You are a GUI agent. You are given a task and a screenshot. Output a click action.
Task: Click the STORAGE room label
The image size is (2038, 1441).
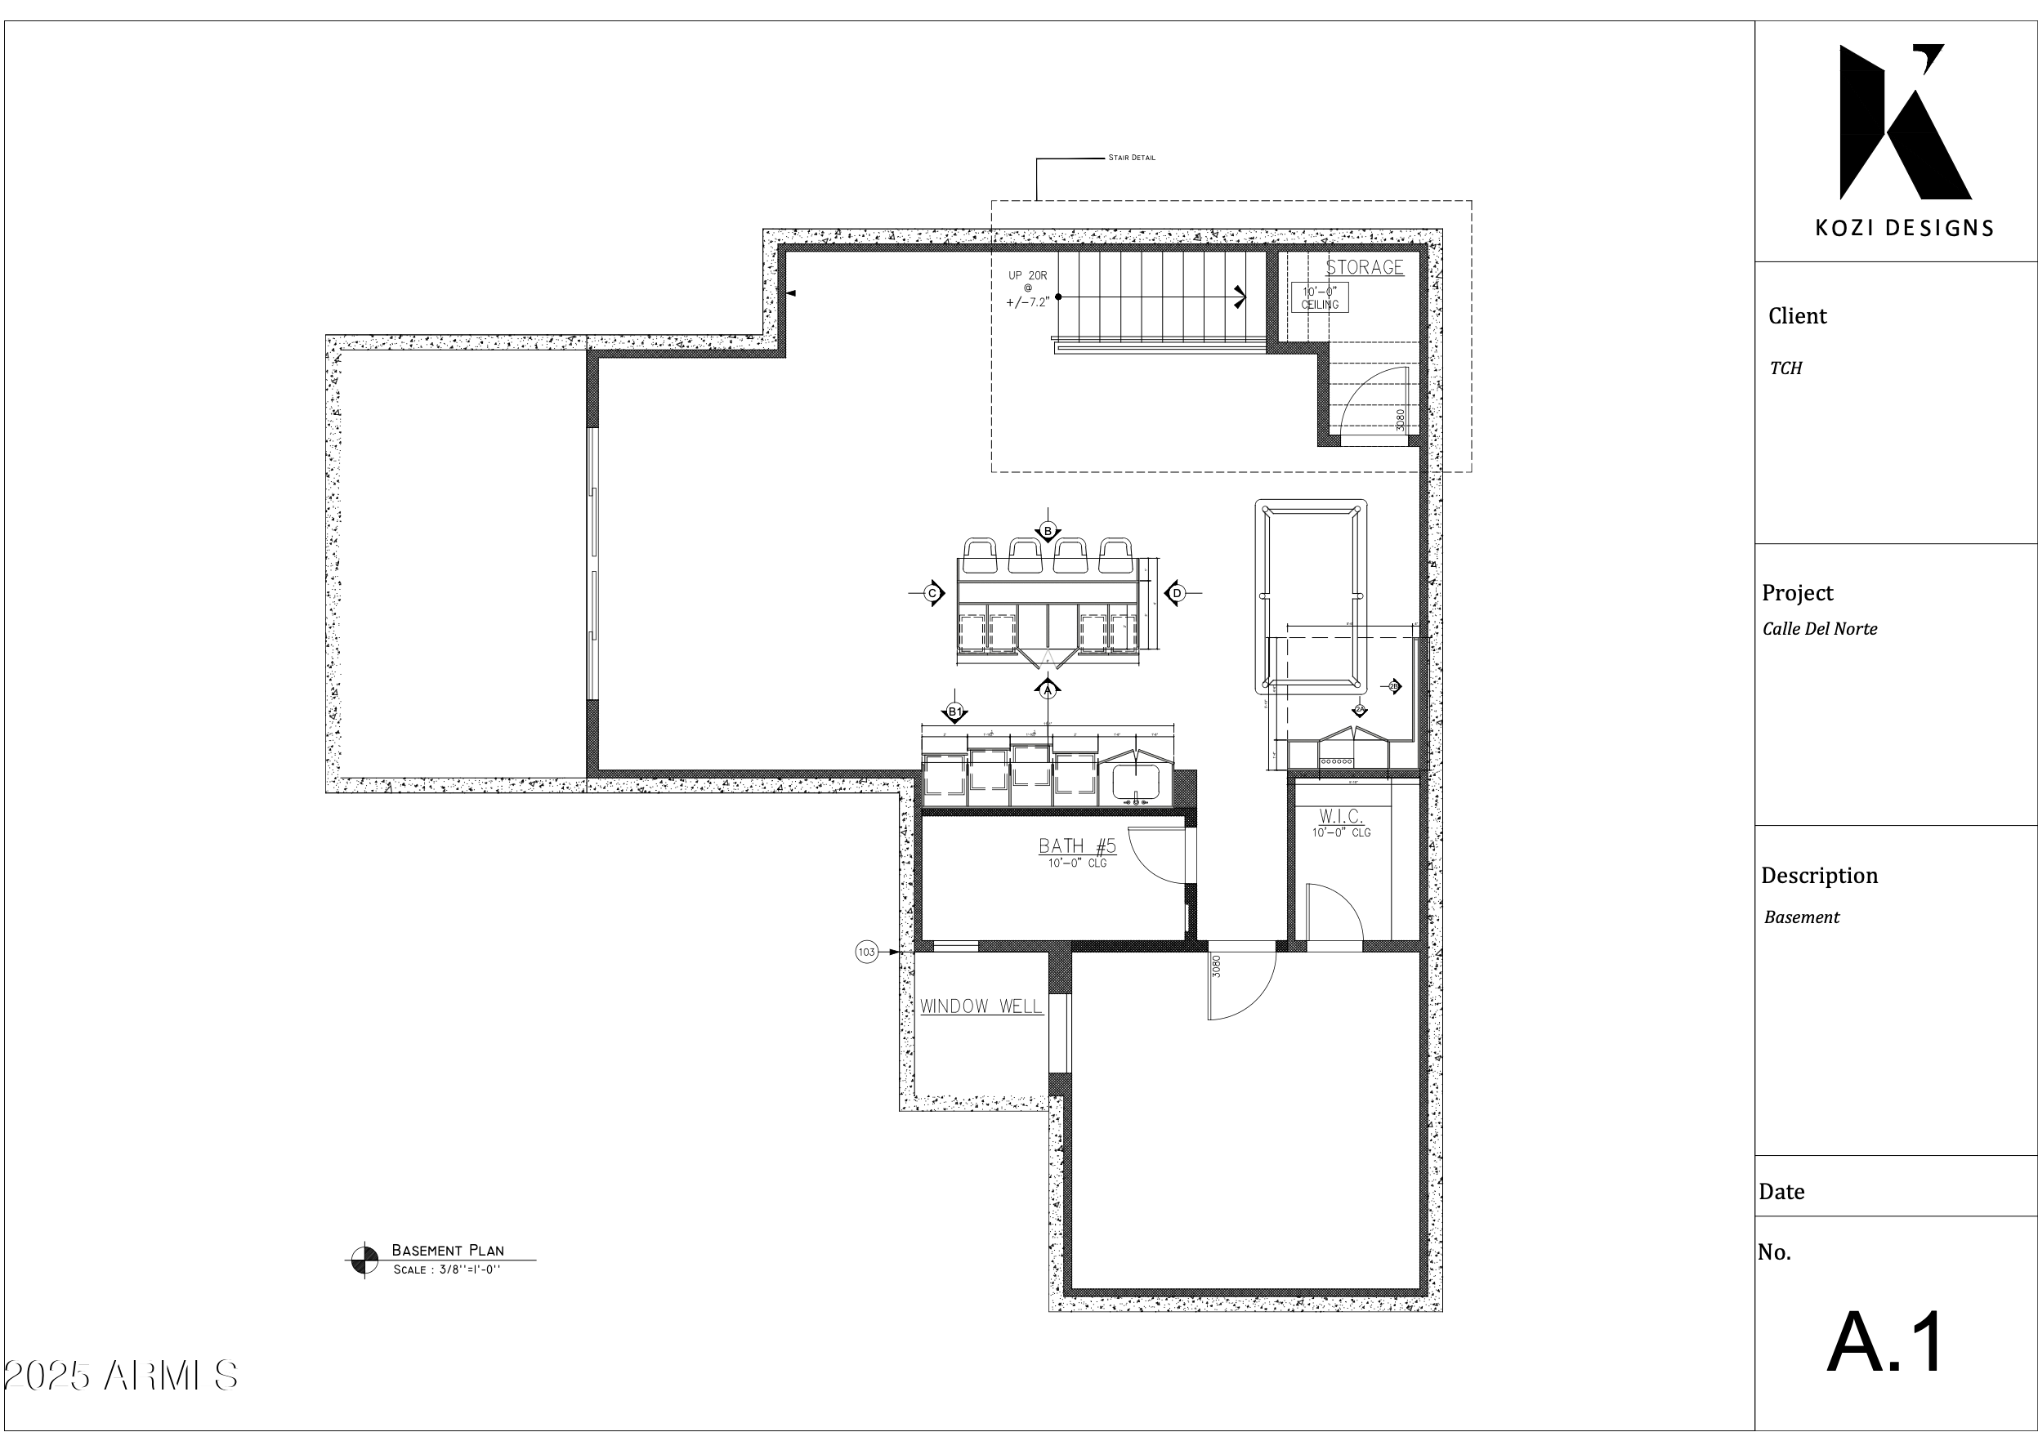pos(1365,267)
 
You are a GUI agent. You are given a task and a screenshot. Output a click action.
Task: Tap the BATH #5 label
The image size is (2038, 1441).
pos(1077,845)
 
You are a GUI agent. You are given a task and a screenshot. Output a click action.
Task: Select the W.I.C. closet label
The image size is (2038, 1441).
pos(1340,815)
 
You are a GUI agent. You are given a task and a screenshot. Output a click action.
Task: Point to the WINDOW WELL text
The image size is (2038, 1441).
pos(981,1006)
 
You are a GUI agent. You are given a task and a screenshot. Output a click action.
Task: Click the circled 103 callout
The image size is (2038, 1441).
pos(866,952)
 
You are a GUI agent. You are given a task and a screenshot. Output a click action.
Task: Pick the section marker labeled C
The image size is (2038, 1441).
pos(932,593)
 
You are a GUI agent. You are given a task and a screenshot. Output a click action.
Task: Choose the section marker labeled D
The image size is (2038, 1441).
pos(1177,593)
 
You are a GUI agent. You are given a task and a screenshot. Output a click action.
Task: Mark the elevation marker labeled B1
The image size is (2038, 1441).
pos(954,712)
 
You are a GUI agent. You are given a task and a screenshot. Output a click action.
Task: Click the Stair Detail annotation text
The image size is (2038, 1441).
pos(1132,158)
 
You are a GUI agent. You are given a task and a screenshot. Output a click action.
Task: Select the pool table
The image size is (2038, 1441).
pos(1311,596)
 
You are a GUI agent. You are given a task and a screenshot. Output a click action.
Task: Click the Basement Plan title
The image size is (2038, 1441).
pos(447,1250)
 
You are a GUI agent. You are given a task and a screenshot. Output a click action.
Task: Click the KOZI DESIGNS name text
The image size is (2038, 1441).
pos(1904,228)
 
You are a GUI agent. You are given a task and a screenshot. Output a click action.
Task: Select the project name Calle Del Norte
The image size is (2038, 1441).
pos(1820,629)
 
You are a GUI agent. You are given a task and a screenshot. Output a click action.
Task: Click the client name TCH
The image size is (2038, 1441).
pos(1786,368)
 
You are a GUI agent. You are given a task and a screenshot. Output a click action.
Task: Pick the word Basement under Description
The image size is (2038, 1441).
pos(1801,917)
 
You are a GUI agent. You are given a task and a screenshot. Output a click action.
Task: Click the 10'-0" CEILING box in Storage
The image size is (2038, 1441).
pos(1320,297)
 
